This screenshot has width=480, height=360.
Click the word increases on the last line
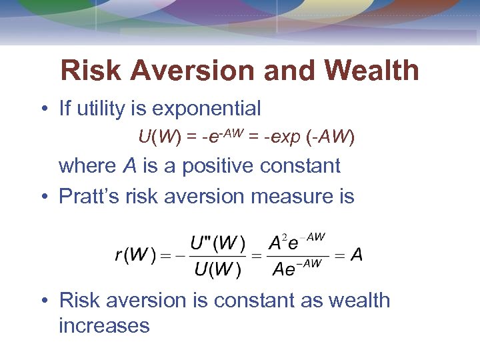pyautogui.click(x=104, y=325)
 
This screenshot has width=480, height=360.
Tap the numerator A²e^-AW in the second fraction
pyautogui.click(x=297, y=243)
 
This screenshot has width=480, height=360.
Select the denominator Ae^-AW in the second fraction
pyautogui.click(x=297, y=269)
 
